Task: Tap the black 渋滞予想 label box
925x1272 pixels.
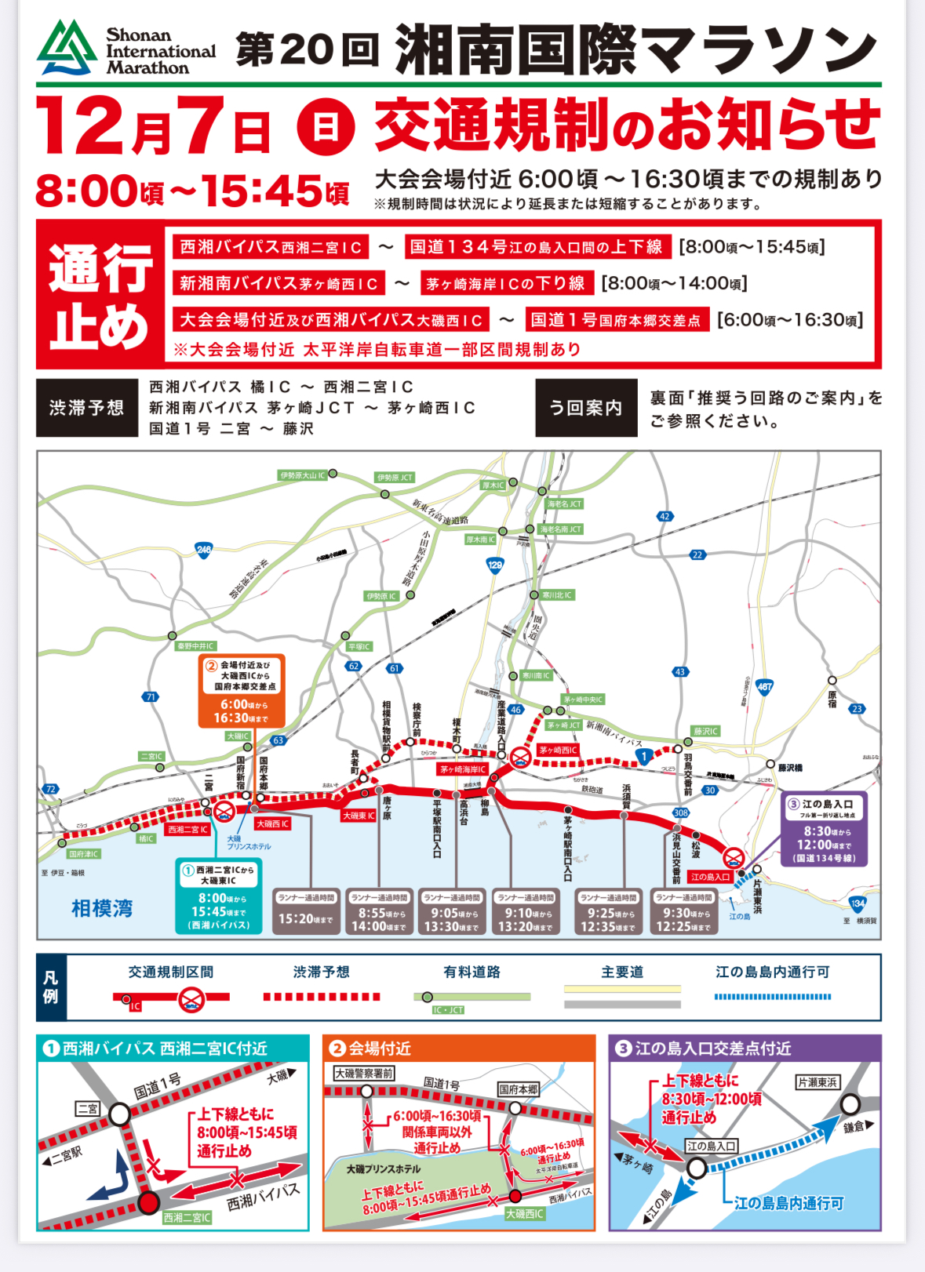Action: pyautogui.click(x=86, y=408)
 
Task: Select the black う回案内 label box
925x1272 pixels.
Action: pyautogui.click(x=585, y=408)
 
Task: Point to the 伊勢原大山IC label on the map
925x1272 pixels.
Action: pyautogui.click(x=303, y=475)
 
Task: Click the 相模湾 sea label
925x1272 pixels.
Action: pyautogui.click(x=102, y=908)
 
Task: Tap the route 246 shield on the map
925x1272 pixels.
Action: pyautogui.click(x=204, y=550)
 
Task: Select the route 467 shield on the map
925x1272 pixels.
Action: pyautogui.click(x=764, y=687)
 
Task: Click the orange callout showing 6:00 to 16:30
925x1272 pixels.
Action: pyautogui.click(x=241, y=690)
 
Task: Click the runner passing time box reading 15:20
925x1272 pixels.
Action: pyautogui.click(x=306, y=911)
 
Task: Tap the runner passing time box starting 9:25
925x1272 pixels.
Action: pyautogui.click(x=608, y=911)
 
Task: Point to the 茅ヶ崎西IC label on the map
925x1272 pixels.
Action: pyautogui.click(x=558, y=750)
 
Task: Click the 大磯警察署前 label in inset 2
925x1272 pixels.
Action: pyautogui.click(x=363, y=1073)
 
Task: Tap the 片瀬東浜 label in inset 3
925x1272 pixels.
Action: pyautogui.click(x=817, y=1082)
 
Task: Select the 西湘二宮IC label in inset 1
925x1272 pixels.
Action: pyautogui.click(x=187, y=1217)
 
